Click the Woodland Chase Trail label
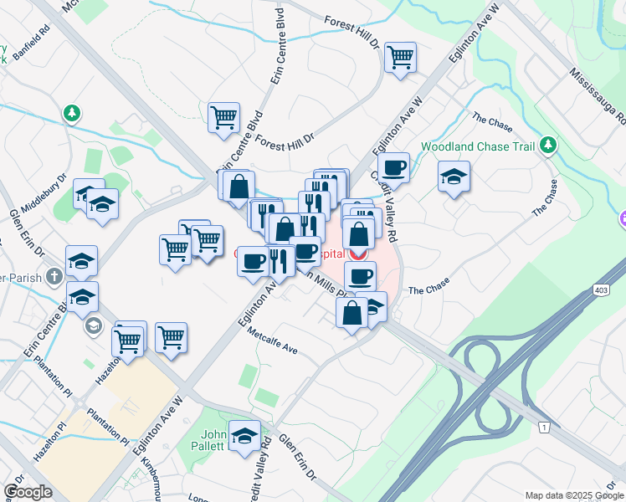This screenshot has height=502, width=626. click(x=477, y=146)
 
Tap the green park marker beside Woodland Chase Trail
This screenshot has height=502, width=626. click(x=548, y=146)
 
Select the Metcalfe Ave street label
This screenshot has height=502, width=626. click(x=272, y=340)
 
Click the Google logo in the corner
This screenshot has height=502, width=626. click(x=28, y=492)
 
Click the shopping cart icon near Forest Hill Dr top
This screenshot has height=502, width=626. click(x=401, y=58)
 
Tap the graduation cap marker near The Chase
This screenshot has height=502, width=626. click(x=454, y=177)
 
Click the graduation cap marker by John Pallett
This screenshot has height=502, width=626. click(x=245, y=436)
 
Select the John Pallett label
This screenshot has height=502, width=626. click(x=213, y=440)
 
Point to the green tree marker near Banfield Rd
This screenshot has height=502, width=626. click(x=73, y=112)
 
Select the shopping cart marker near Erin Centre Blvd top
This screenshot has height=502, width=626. click(x=223, y=117)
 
